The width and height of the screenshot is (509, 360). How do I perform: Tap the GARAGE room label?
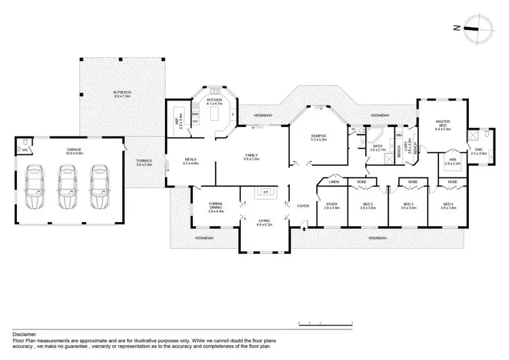click(74, 151)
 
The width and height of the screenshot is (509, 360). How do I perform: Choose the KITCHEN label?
click(214, 101)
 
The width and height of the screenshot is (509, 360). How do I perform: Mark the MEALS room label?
click(189, 161)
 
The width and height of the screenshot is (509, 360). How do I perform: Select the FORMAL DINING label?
click(216, 206)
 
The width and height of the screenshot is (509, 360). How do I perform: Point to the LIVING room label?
click(264, 222)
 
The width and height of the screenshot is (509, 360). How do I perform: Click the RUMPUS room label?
click(318, 137)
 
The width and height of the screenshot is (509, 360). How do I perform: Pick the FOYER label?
click(303, 205)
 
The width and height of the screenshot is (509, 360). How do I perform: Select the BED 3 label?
click(408, 204)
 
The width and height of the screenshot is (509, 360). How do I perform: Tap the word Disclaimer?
click(24, 335)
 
